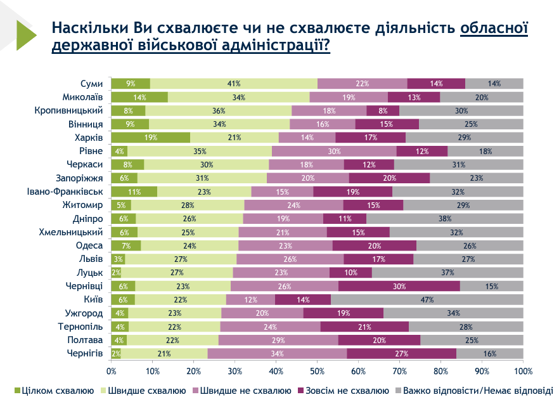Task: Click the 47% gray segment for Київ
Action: (x=427, y=299)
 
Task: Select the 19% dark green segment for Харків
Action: (x=150, y=138)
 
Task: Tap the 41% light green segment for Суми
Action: (x=233, y=84)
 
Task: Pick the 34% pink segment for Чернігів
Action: (x=277, y=353)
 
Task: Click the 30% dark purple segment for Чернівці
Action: (x=399, y=286)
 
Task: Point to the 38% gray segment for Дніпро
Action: (x=445, y=218)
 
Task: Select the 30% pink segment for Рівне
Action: (x=333, y=151)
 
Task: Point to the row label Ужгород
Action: (x=84, y=313)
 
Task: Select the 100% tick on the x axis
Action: (x=523, y=370)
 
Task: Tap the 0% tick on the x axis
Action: (x=112, y=370)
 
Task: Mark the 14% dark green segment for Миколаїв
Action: (x=139, y=97)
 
